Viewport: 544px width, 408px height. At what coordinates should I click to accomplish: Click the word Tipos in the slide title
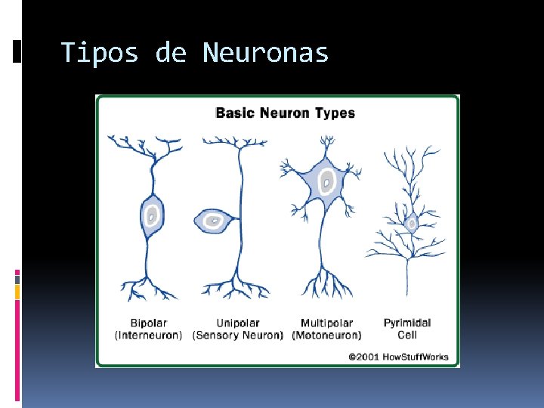[100, 53]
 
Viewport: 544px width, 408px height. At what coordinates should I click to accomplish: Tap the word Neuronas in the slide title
[266, 53]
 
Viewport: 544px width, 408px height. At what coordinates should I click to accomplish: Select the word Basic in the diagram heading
[234, 113]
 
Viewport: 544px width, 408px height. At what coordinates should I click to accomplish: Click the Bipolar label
[148, 323]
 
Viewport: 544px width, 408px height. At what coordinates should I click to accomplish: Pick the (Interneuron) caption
[148, 335]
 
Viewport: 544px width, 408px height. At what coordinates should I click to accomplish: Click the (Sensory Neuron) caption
[237, 335]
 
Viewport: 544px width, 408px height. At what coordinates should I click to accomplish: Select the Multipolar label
[326, 323]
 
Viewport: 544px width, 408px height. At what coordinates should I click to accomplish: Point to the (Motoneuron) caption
[326, 335]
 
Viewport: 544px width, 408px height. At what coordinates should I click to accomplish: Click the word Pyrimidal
[407, 323]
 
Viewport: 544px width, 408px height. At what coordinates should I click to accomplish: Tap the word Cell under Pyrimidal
[407, 335]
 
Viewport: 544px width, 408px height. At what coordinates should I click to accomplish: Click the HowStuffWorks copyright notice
[398, 356]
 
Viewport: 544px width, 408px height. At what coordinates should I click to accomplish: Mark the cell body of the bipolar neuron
[152, 217]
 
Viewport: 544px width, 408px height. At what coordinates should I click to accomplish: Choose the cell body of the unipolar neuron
[213, 221]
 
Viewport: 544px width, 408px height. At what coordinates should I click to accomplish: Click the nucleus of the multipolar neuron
[327, 181]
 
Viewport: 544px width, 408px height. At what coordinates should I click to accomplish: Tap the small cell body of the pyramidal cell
[412, 224]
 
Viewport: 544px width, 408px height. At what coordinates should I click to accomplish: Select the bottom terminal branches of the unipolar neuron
[236, 287]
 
